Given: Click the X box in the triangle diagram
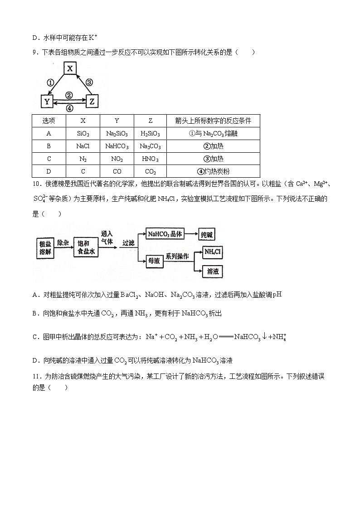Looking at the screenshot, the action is click(69, 68).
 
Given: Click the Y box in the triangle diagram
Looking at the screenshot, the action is click(47, 102).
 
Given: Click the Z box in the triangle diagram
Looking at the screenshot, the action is click(92, 102).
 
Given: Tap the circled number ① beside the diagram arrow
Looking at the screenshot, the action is click(51, 82).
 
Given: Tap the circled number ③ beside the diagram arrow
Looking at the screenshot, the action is click(89, 82).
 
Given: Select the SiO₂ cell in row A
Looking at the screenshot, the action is click(83, 134).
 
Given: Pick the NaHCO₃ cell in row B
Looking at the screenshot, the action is click(117, 146).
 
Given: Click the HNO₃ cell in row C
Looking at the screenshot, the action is click(151, 159).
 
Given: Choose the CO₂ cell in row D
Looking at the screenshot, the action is click(151, 171).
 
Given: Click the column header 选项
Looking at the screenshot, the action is click(49, 121).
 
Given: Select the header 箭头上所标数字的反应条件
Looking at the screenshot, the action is click(213, 121).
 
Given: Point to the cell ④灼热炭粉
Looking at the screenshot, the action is click(213, 171).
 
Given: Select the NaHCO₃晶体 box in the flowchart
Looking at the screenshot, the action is click(165, 234).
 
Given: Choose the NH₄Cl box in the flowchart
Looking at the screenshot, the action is click(213, 252).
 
